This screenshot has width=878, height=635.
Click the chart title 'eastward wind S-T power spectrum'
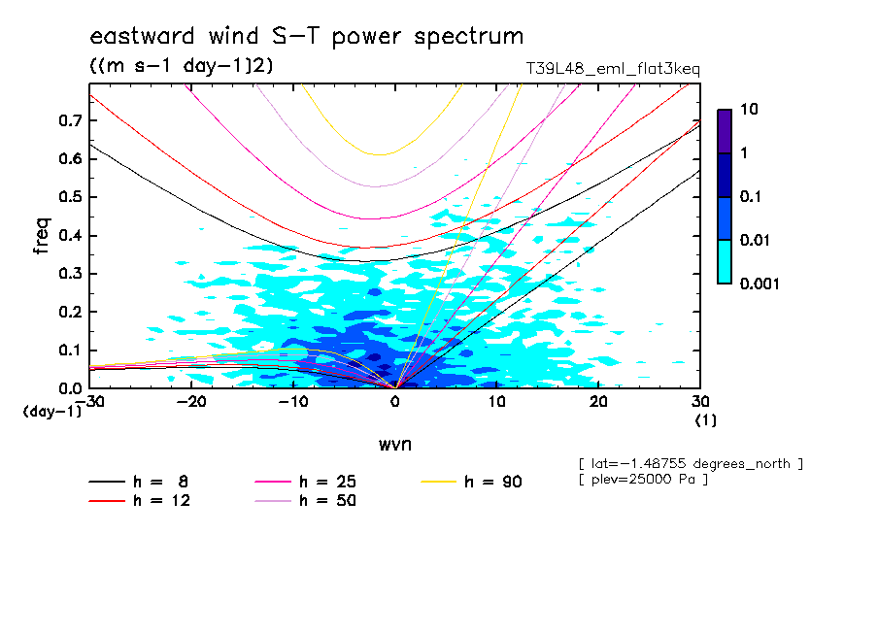(x=307, y=37)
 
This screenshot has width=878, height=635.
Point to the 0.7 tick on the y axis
(x=70, y=120)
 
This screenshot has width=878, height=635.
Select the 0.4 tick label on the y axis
(x=70, y=236)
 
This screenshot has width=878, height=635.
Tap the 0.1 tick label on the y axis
(x=70, y=351)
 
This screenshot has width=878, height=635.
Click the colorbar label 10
(x=749, y=110)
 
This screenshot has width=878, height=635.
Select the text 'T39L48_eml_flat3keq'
(x=613, y=69)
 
